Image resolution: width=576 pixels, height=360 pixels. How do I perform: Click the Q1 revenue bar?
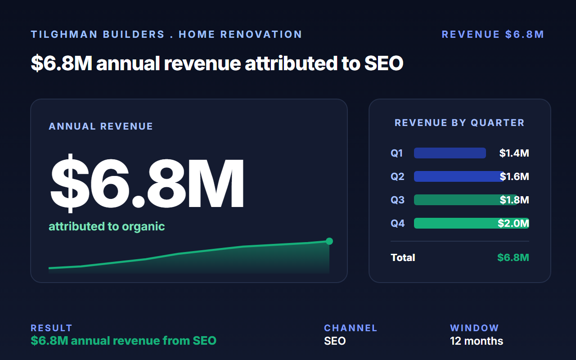click(450, 153)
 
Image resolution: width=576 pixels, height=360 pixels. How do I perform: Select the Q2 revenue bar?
click(459, 176)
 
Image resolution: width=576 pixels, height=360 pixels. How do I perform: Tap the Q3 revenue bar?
click(466, 200)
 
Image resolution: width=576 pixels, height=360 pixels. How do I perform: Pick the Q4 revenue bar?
click(471, 223)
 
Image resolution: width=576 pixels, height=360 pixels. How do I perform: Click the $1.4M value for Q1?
click(514, 153)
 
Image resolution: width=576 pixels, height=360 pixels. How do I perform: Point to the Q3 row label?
click(397, 200)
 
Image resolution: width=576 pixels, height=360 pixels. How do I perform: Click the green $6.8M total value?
click(513, 257)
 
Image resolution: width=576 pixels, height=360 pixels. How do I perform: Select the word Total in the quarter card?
click(403, 257)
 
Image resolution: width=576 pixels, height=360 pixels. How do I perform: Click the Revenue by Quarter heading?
click(459, 123)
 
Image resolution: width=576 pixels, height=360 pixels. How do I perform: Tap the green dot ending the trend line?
click(329, 241)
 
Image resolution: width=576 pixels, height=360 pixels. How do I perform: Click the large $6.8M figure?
click(147, 183)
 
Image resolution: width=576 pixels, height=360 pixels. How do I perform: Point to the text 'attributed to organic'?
click(107, 226)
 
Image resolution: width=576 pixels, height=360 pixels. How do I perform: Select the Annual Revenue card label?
click(101, 126)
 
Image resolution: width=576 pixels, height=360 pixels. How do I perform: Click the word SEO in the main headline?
click(384, 63)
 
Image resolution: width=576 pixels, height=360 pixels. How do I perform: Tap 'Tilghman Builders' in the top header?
click(98, 35)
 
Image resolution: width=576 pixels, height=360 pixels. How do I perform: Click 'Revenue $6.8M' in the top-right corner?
click(493, 35)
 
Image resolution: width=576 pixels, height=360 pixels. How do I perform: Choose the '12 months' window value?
click(477, 341)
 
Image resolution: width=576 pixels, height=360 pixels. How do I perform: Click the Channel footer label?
click(351, 328)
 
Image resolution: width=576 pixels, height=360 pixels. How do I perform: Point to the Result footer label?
click(51, 328)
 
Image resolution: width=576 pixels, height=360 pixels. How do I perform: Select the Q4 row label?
click(397, 223)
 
